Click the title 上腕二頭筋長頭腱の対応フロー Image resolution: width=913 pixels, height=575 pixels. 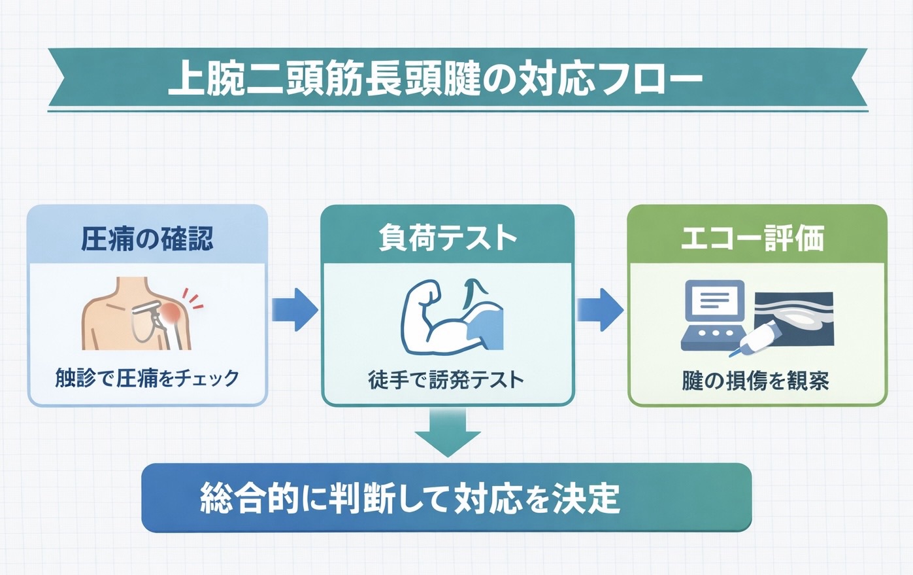click(x=435, y=80)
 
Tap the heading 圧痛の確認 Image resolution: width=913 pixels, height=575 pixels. click(x=147, y=239)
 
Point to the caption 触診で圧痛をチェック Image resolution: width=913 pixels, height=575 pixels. click(x=147, y=378)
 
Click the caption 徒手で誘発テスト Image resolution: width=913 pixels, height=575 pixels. click(x=446, y=379)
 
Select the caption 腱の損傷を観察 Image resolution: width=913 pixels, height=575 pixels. click(x=755, y=380)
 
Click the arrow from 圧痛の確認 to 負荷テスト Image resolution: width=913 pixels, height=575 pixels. click(x=295, y=309)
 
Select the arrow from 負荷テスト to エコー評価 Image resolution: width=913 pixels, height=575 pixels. click(x=599, y=309)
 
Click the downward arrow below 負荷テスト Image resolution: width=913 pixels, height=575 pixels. click(x=448, y=432)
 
